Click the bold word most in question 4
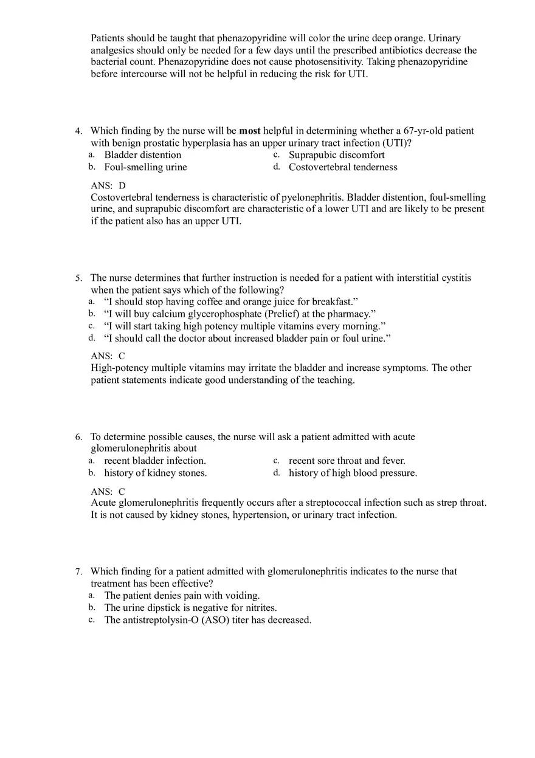(x=249, y=131)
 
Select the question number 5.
(x=78, y=278)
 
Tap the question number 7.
(x=78, y=572)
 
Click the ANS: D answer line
(x=108, y=185)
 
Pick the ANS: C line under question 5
(x=108, y=356)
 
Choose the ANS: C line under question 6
(x=108, y=492)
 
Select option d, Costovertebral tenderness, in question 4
(x=342, y=167)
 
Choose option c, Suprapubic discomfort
(x=336, y=155)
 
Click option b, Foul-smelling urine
(x=145, y=167)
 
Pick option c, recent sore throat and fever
(x=347, y=461)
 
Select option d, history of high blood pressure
(x=353, y=473)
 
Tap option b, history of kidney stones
(x=155, y=473)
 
